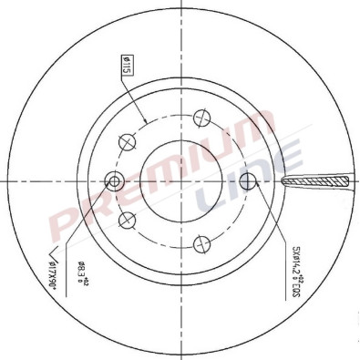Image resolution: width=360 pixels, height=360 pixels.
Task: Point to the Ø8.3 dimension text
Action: [82, 273]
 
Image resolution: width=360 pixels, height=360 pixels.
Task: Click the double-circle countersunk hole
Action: [114, 179]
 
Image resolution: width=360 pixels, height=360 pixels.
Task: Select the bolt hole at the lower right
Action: [201, 242]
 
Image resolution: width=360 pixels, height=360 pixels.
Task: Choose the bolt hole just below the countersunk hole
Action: [127, 218]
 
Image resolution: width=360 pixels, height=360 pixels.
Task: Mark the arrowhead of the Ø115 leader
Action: [146, 123]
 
